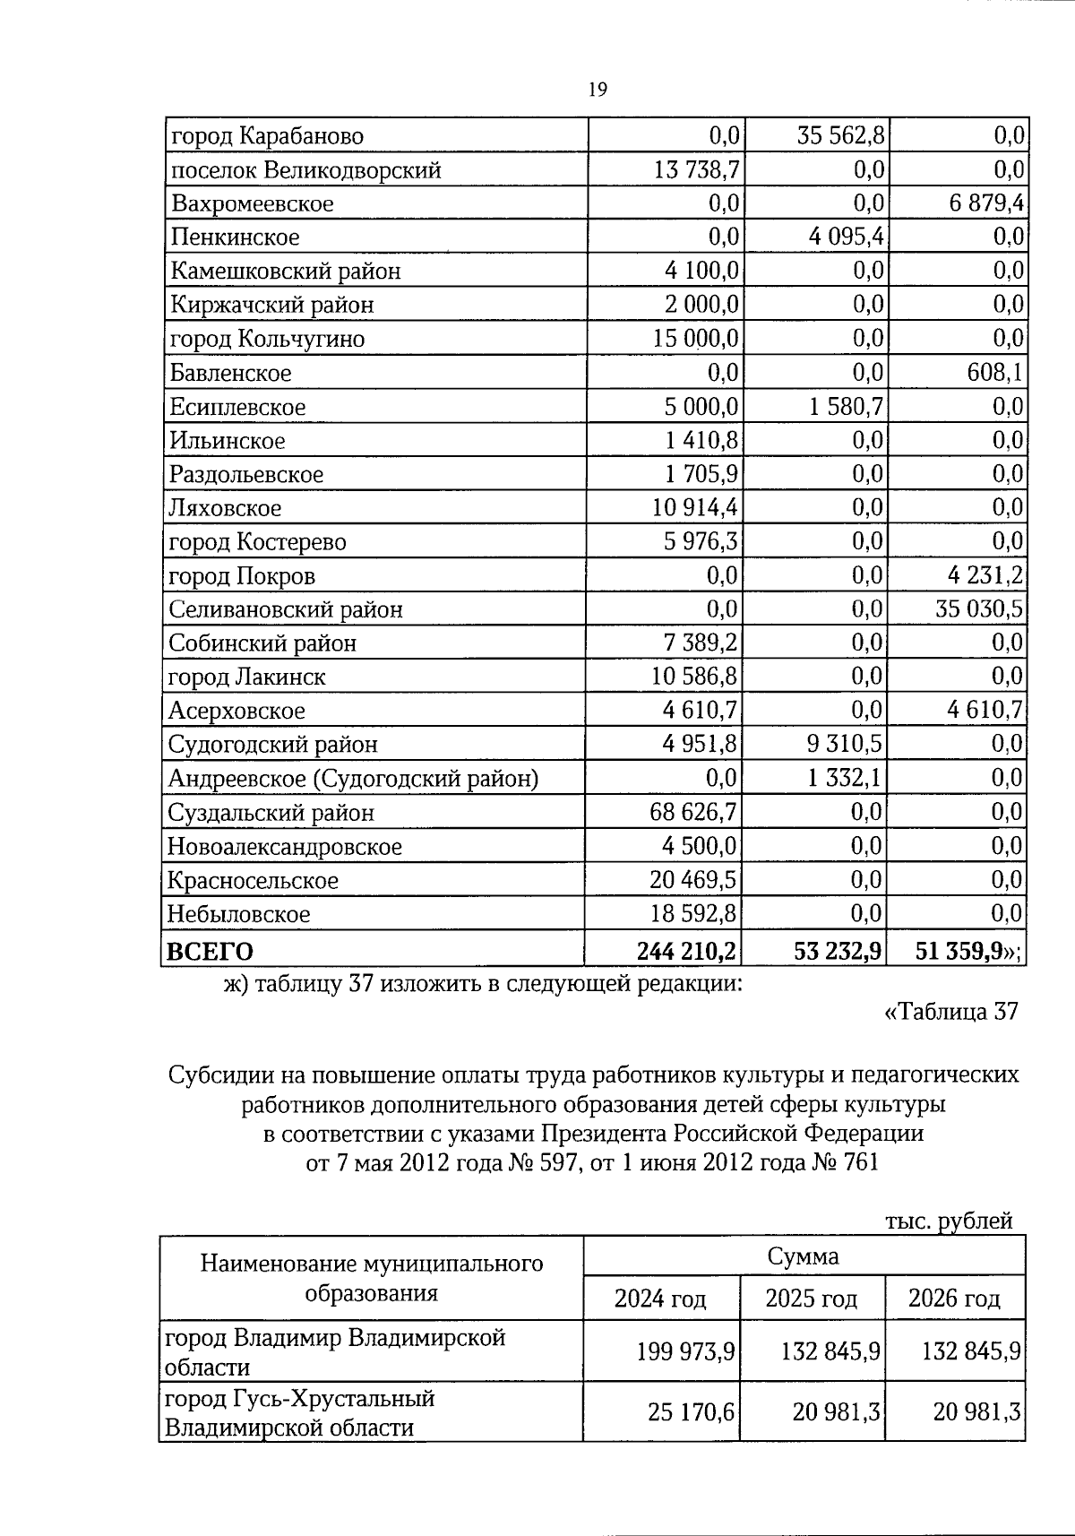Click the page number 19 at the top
(x=598, y=89)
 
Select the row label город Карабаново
(x=266, y=136)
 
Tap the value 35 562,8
(x=840, y=135)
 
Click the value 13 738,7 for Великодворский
(x=697, y=169)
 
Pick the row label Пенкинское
(x=235, y=237)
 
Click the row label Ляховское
(x=225, y=508)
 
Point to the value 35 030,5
(x=979, y=609)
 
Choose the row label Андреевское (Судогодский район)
(x=353, y=778)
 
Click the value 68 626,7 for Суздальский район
(x=693, y=813)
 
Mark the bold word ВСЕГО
(x=211, y=950)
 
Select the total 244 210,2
(x=687, y=950)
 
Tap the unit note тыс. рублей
(x=949, y=1221)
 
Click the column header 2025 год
(x=811, y=1299)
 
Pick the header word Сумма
(x=803, y=1256)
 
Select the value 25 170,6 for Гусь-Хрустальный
(x=691, y=1412)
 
